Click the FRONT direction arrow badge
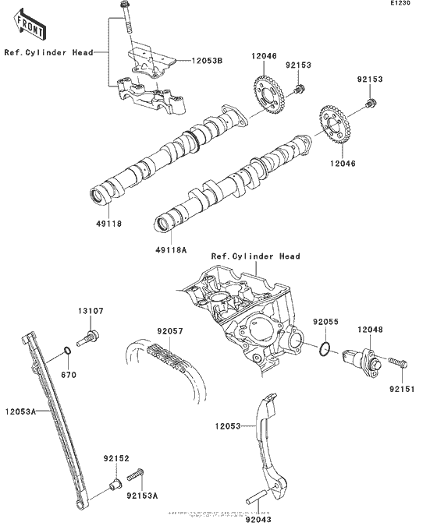point(29,28)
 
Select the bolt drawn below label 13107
point(92,337)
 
